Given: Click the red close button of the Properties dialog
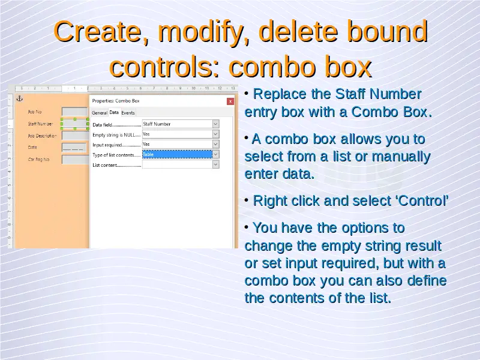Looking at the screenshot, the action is point(230,101).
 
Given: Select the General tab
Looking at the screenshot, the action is point(100,113).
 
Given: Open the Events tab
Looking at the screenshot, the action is point(128,113).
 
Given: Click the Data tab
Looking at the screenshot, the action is point(114,112).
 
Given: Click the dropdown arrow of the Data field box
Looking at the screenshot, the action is point(215,124).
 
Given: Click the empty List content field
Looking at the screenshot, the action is point(177,164).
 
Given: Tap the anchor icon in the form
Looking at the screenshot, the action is point(20,98).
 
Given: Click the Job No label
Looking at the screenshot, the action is point(35,112).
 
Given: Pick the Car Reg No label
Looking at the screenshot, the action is point(38,159).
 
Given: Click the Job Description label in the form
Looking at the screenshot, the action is point(42,136).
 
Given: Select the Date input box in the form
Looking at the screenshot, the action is point(74,148).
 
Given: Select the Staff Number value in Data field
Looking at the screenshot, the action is point(157,124).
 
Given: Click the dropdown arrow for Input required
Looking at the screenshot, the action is point(215,144).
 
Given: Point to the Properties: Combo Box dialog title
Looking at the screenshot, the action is point(116,101).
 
